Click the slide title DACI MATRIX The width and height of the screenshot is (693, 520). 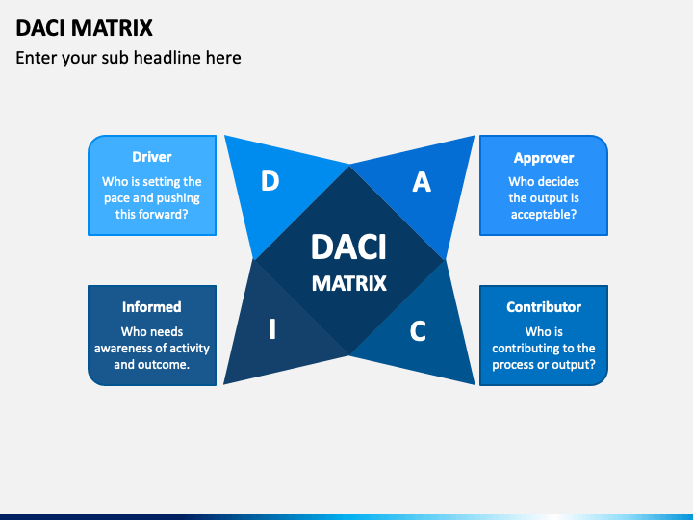point(84,28)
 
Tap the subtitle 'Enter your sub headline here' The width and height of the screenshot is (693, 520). point(128,58)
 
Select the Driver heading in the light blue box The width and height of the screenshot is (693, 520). point(152,157)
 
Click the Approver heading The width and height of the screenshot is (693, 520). point(544,158)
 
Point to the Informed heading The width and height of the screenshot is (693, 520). point(152,307)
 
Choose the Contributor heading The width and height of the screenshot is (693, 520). point(544,307)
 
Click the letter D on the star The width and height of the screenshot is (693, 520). point(270,181)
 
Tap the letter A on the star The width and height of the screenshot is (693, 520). point(422,182)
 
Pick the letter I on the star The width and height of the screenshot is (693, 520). point(272,329)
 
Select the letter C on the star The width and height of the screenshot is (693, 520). point(418,330)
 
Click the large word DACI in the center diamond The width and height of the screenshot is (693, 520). point(348,247)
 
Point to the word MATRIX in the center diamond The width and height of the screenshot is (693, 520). point(349,283)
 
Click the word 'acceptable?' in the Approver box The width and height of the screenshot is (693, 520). point(544,215)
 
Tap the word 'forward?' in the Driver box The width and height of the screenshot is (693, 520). point(163,215)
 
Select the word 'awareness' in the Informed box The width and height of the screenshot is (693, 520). point(119,349)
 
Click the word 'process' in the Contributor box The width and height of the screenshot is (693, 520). point(513,365)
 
